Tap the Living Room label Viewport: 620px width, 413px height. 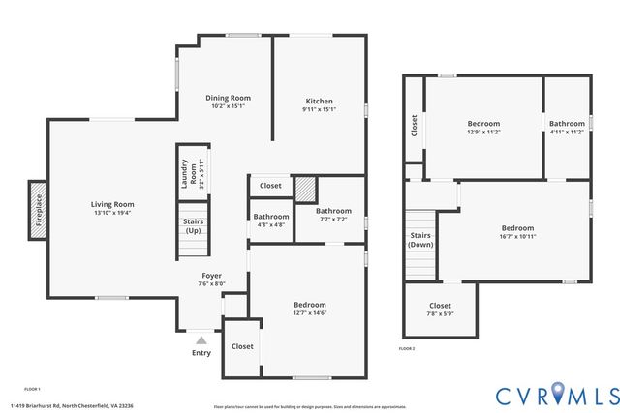112,204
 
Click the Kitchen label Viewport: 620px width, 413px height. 320,101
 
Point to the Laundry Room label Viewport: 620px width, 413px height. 193,174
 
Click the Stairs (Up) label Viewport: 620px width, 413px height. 193,225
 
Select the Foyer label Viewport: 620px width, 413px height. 210,276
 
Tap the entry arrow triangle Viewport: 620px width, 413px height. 201,340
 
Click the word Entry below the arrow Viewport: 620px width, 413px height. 201,353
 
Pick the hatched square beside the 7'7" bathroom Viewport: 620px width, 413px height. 306,187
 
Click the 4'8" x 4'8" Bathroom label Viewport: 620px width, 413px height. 271,217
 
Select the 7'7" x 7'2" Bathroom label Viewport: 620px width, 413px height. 333,210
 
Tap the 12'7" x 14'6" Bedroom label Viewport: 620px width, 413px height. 310,305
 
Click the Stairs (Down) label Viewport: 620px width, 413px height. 420,240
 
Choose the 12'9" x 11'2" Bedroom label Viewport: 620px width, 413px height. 483,124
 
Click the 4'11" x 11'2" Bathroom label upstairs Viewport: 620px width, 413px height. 567,124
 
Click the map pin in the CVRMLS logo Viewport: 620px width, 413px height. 558,393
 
